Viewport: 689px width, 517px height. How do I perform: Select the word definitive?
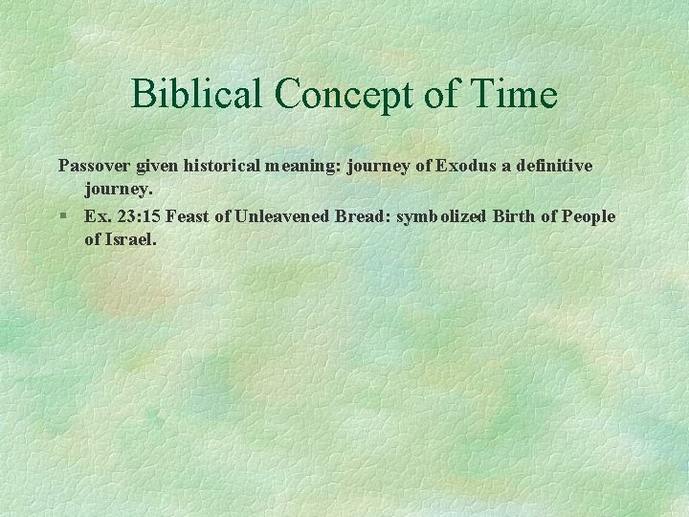click(554, 166)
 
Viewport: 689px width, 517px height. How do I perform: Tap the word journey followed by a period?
click(119, 190)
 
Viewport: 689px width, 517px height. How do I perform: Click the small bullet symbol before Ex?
click(62, 216)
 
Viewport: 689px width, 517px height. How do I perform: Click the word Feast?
click(188, 216)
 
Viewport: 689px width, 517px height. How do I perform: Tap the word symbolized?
click(441, 216)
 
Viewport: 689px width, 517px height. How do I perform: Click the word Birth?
click(514, 216)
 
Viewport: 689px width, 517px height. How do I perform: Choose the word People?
click(589, 216)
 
